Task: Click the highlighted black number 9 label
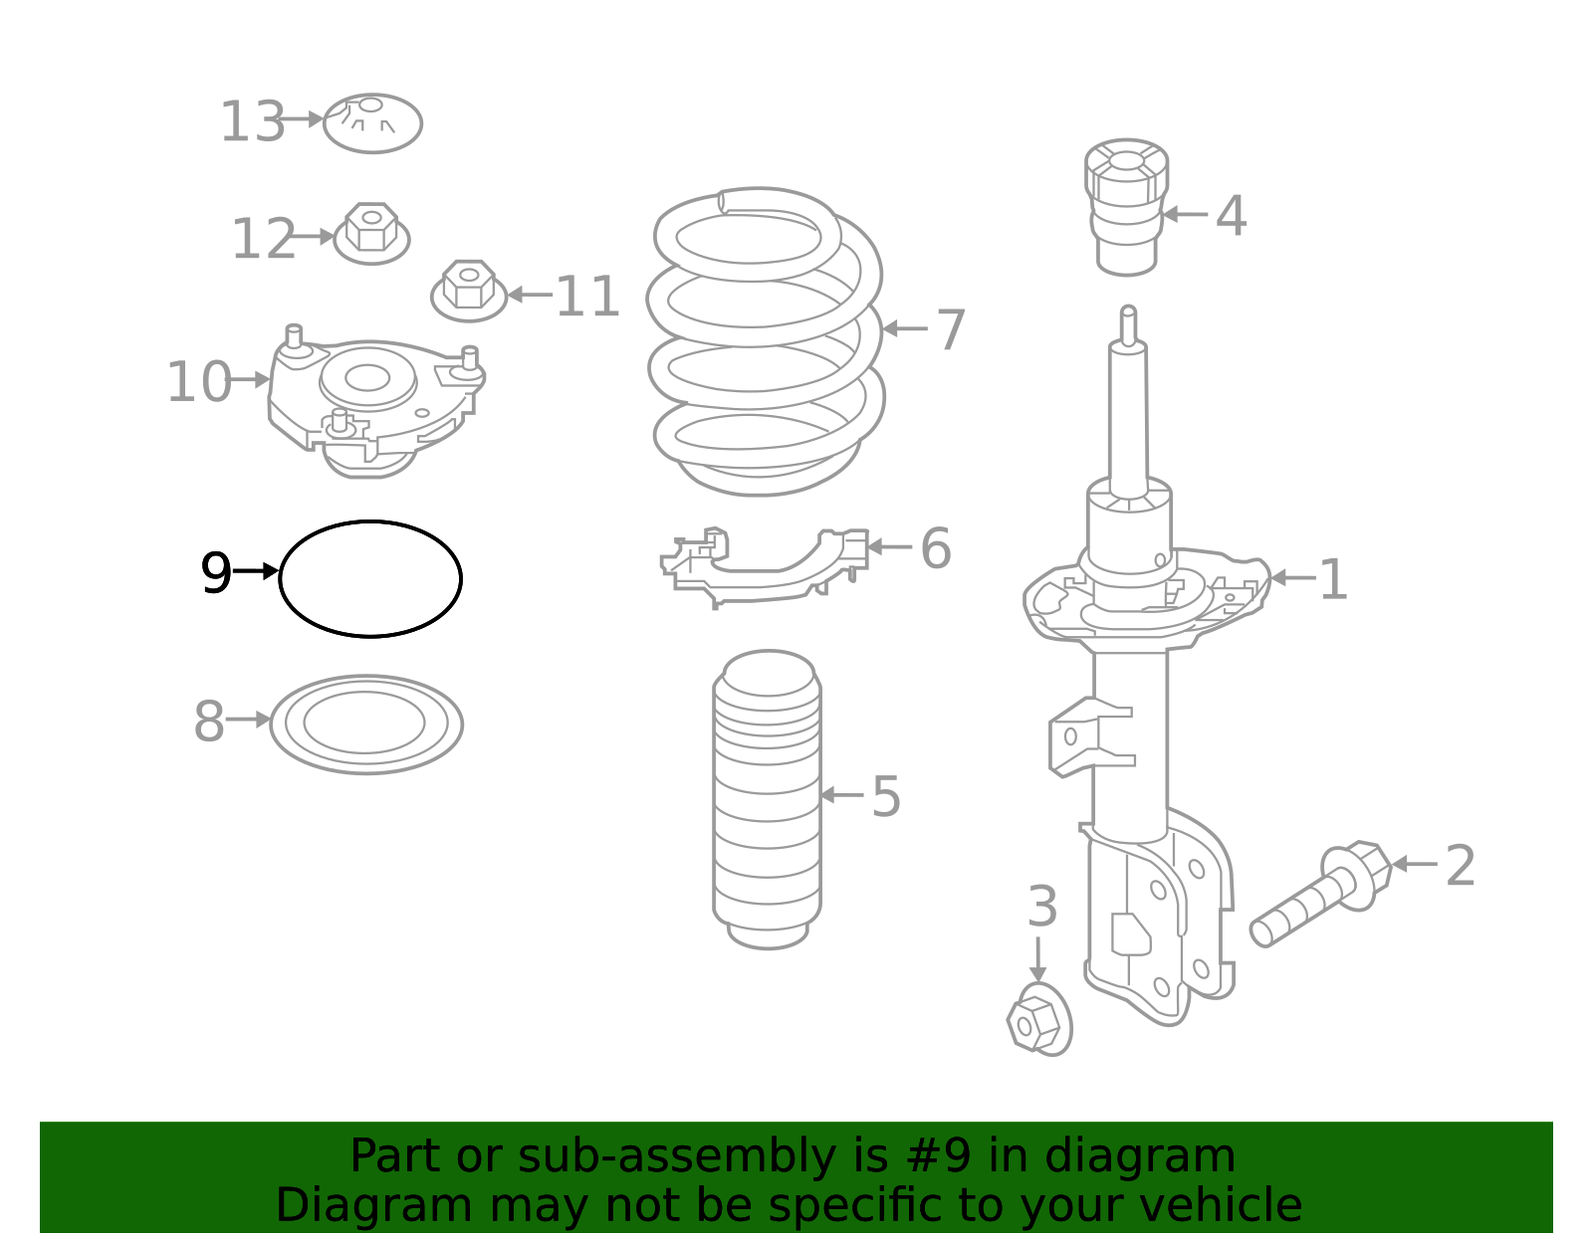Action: click(x=216, y=574)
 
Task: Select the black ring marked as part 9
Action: click(x=369, y=523)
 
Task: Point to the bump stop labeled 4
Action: click(x=1126, y=206)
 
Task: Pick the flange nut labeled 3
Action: click(x=1038, y=1020)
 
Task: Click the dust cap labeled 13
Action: click(x=372, y=123)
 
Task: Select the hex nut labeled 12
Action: click(x=370, y=234)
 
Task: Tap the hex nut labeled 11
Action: click(x=468, y=291)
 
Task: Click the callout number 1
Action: click(x=1332, y=580)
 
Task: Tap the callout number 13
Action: click(x=252, y=122)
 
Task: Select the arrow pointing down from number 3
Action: click(x=1038, y=959)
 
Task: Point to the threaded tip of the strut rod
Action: click(x=1128, y=323)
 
